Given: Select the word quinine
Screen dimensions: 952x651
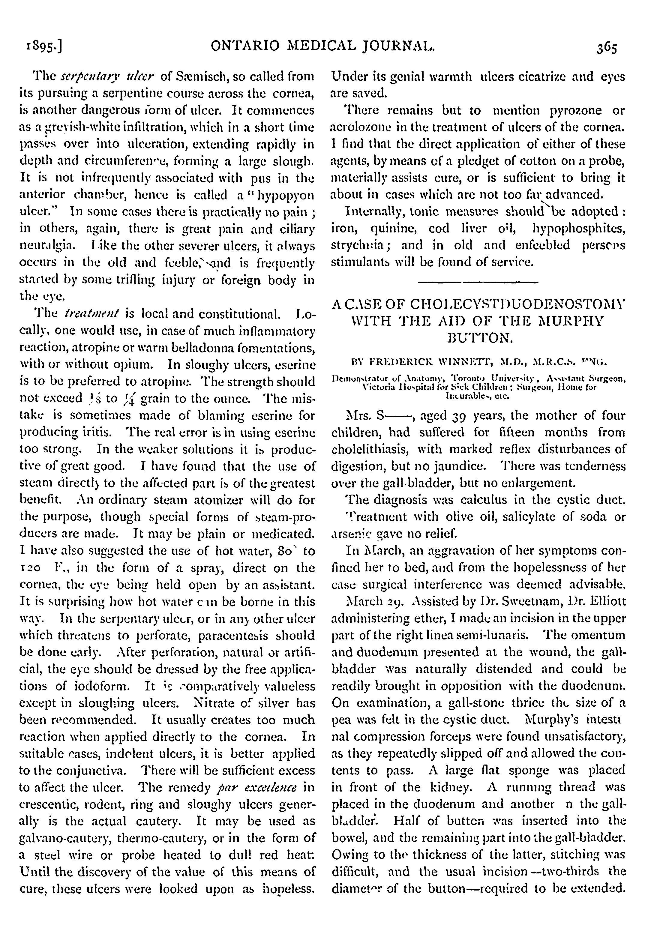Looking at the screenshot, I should tap(396, 229).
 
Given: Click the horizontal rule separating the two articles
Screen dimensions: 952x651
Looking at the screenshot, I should tap(478, 282).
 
